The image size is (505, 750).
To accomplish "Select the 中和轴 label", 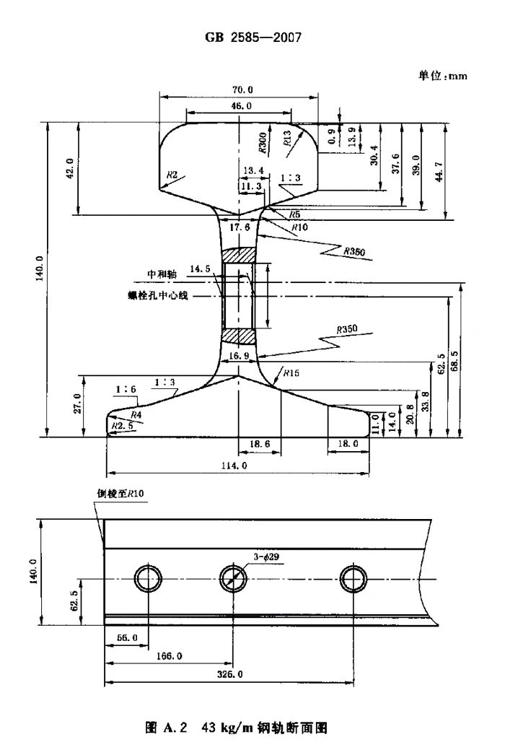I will pyautogui.click(x=161, y=274).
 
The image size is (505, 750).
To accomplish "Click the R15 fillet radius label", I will pyautogui.click(x=291, y=373).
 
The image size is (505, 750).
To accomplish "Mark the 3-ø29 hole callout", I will pyautogui.click(x=268, y=556).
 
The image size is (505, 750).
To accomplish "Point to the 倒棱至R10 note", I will pyautogui.click(x=121, y=493).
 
